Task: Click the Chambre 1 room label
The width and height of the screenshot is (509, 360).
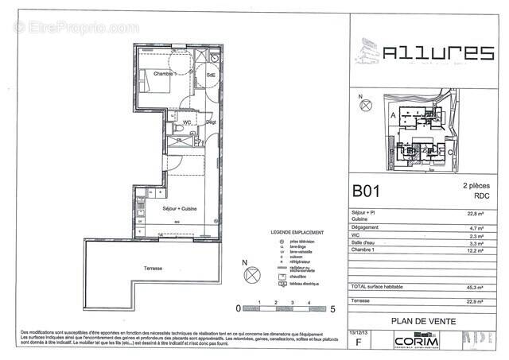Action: (165, 74)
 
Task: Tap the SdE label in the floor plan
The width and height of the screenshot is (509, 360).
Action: (211, 75)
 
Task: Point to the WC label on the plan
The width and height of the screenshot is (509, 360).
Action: (187, 122)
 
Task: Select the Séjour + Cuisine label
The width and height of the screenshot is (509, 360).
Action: (179, 209)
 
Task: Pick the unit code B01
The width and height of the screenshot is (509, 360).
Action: (369, 192)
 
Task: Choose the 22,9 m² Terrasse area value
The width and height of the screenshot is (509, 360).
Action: (478, 302)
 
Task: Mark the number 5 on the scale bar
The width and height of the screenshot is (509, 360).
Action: (332, 306)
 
